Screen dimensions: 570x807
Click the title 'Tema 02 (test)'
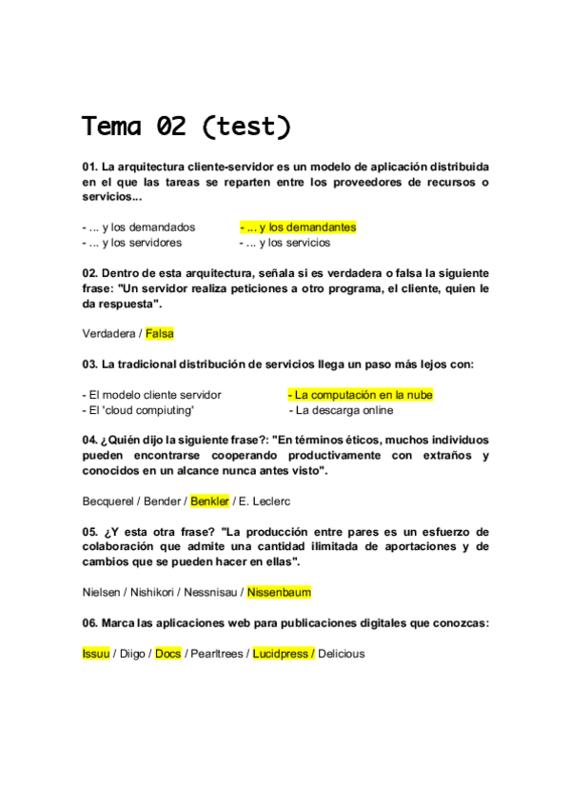[x=186, y=126]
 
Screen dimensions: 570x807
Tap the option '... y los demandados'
[x=142, y=227]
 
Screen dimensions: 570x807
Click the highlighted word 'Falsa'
[x=160, y=333]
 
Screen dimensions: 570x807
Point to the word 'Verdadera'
[x=108, y=333]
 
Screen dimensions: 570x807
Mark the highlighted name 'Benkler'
[x=209, y=501]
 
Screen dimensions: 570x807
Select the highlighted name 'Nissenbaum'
[x=279, y=592]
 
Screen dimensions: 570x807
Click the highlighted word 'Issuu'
[x=96, y=654]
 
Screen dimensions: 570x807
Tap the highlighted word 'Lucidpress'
[x=282, y=654]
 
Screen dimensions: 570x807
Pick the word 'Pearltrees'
[x=217, y=654]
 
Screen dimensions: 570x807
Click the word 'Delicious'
[x=342, y=654]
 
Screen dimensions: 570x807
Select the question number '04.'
[x=90, y=441]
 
